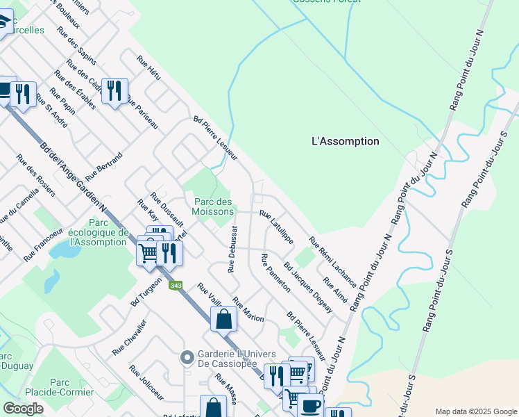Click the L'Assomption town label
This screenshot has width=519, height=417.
pyautogui.click(x=346, y=141)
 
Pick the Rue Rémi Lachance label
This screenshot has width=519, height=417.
pyautogui.click(x=332, y=263)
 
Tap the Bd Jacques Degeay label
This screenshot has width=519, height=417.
pyautogui.click(x=309, y=286)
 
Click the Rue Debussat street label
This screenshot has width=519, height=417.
pyautogui.click(x=232, y=249)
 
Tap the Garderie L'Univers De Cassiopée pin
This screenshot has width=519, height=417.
pyautogui.click(x=186, y=358)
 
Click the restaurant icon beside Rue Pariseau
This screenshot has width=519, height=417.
pyautogui.click(x=114, y=90)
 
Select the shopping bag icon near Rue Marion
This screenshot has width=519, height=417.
pyautogui.click(x=224, y=320)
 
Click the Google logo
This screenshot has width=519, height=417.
pyautogui.click(x=24, y=409)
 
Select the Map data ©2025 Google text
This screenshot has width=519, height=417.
pyautogui.click(x=475, y=411)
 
